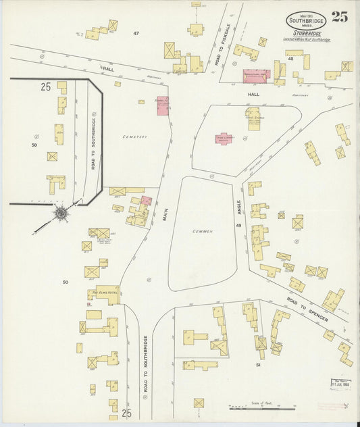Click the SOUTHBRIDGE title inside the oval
coord(306,20)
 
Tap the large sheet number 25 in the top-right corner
coord(340,18)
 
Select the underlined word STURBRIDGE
coord(307,33)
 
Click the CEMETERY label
coord(134,137)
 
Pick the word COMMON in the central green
coord(203,231)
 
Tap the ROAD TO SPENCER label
coord(307,309)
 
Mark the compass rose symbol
coord(61,214)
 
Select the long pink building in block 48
coord(257,76)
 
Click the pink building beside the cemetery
coord(163,106)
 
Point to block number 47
coord(136,33)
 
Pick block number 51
coord(257,365)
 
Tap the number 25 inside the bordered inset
coord(46,86)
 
